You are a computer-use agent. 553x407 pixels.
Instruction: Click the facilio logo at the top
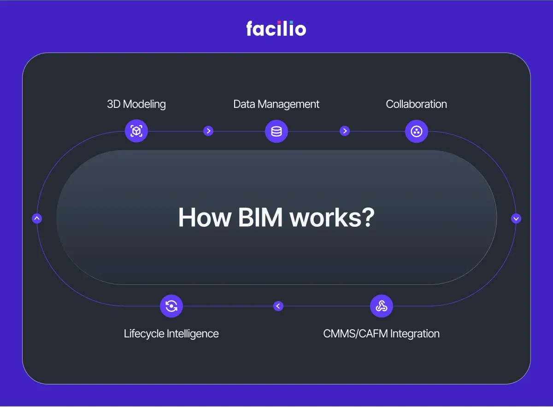[276, 29]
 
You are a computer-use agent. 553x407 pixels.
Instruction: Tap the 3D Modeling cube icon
[136, 131]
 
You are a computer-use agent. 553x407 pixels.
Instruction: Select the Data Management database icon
[276, 131]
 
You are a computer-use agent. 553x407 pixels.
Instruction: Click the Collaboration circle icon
[417, 131]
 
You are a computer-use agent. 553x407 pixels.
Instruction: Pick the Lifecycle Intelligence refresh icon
[171, 306]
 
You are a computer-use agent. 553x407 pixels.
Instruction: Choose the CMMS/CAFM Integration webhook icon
[382, 306]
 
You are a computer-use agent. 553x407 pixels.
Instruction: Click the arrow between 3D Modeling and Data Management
[208, 131]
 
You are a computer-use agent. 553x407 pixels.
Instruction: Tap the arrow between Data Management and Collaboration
[345, 131]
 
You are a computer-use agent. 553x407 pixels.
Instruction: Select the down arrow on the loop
[516, 218]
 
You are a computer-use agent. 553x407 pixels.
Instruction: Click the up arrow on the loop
[37, 218]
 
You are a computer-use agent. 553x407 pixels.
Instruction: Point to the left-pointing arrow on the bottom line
[278, 306]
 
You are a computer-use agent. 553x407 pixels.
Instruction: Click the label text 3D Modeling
[136, 104]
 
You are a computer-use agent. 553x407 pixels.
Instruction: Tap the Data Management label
[276, 104]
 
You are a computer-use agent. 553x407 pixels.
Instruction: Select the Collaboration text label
[416, 104]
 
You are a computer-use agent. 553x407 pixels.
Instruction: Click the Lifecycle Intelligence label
[171, 333]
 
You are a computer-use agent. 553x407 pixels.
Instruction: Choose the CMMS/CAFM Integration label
[382, 333]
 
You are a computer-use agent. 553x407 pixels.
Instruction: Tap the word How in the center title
[204, 217]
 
